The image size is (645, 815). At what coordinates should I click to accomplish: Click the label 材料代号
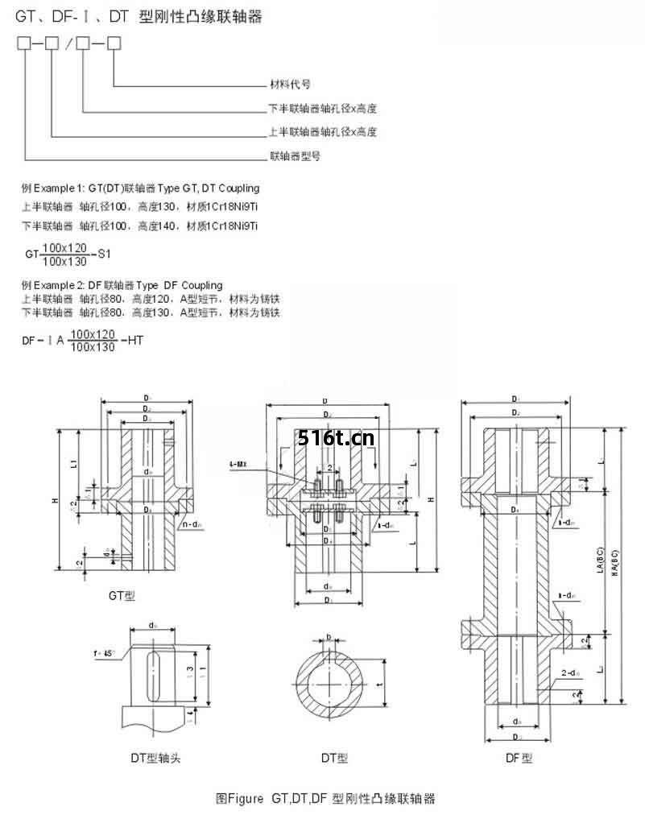289,84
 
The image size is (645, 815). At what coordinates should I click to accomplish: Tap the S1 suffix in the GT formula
103,255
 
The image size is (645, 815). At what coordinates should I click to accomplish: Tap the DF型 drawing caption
519,758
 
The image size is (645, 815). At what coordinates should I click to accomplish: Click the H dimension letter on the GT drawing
55,501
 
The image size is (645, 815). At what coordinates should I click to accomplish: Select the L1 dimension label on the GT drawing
72,464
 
